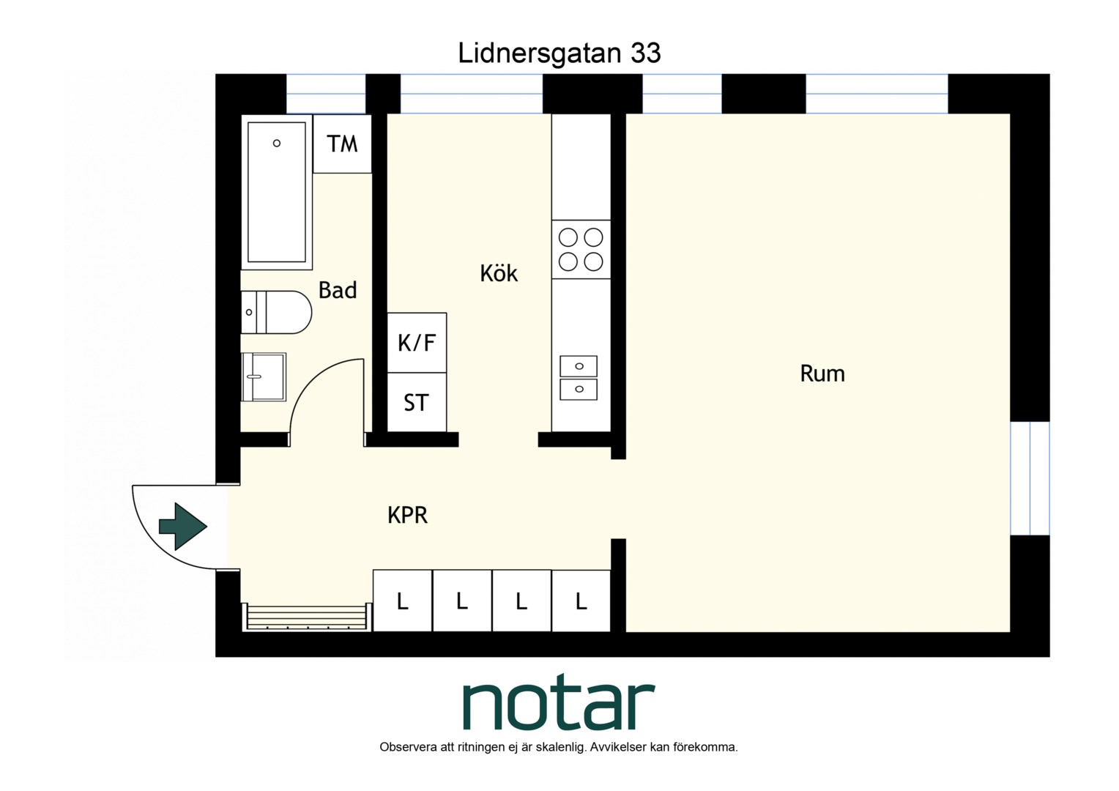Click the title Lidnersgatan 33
(x=559, y=53)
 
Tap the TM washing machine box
(x=342, y=144)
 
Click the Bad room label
(x=338, y=290)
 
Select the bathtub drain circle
(x=277, y=144)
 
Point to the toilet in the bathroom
(x=276, y=312)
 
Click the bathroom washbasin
(x=264, y=376)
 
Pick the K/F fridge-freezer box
(x=417, y=343)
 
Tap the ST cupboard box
(x=417, y=402)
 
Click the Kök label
(x=499, y=273)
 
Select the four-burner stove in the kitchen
(x=581, y=249)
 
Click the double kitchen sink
(x=579, y=378)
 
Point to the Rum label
(x=822, y=374)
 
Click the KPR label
(x=407, y=515)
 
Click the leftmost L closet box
(x=403, y=601)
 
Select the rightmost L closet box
(x=581, y=601)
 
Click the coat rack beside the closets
(x=308, y=617)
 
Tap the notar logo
(x=559, y=702)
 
